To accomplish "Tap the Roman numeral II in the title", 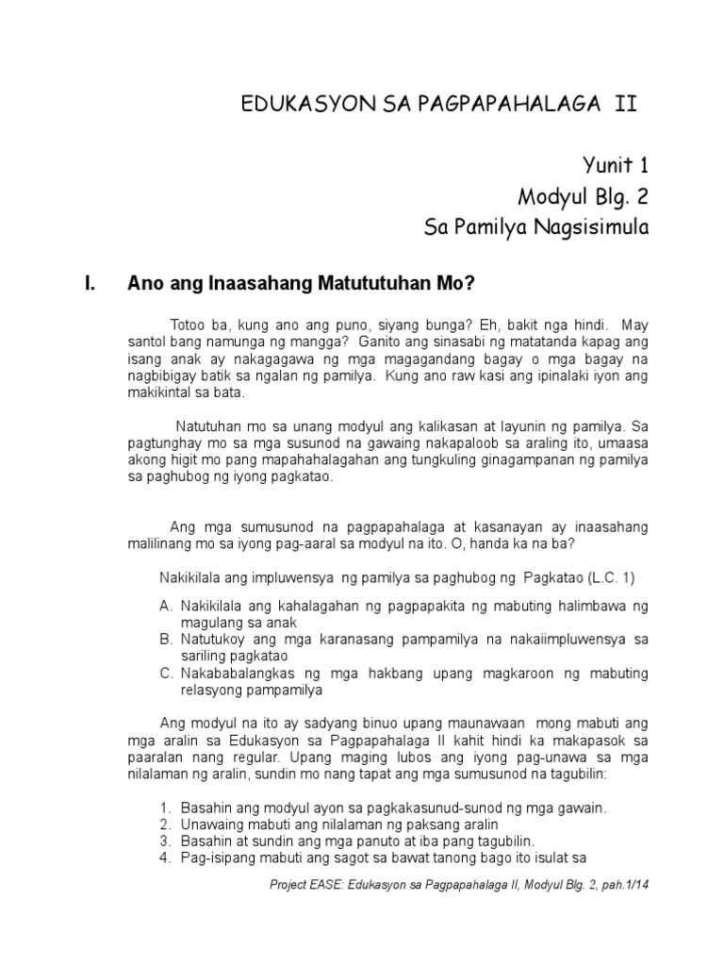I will (625, 104).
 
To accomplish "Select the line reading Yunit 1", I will (612, 167).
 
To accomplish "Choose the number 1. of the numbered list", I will (165, 808).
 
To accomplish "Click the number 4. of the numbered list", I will (165, 858).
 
